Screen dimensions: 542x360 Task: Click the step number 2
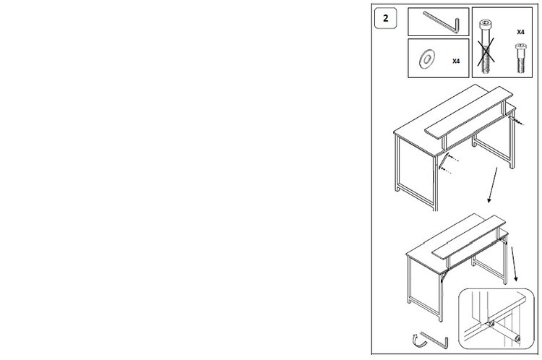tap(386, 18)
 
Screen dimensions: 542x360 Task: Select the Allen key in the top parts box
tap(441, 22)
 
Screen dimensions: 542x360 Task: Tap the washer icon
tap(427, 59)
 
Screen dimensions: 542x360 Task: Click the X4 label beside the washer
tap(456, 61)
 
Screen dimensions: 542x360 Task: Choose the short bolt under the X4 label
tap(521, 58)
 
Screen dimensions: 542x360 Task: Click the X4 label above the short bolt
tap(520, 32)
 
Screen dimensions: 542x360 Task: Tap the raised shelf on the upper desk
tap(469, 112)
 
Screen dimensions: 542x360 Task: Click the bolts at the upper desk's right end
tap(517, 121)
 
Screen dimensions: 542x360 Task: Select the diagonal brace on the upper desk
tap(444, 160)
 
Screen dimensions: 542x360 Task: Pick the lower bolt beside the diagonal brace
tap(446, 170)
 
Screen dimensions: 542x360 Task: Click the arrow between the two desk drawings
tap(493, 185)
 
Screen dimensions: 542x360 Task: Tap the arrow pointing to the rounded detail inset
tap(515, 264)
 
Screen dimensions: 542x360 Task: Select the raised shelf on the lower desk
tap(469, 237)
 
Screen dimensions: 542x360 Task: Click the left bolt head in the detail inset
tap(491, 325)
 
